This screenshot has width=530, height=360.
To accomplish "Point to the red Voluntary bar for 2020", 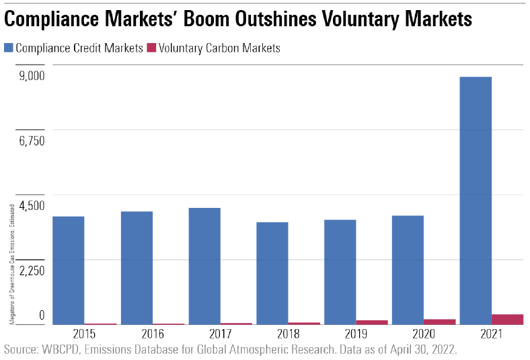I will (x=440, y=322).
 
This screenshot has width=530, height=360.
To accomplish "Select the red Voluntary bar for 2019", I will (x=372, y=322).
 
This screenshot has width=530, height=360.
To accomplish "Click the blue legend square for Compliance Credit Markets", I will (x=9, y=48).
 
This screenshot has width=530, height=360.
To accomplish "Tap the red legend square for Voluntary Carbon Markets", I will (x=151, y=48).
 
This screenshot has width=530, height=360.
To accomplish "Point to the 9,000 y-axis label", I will (x=31, y=75).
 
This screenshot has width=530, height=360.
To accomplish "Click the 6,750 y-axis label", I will (x=31, y=141).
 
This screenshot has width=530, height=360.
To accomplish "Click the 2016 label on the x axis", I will (x=153, y=334).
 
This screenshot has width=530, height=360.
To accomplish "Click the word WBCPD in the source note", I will (x=63, y=350).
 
